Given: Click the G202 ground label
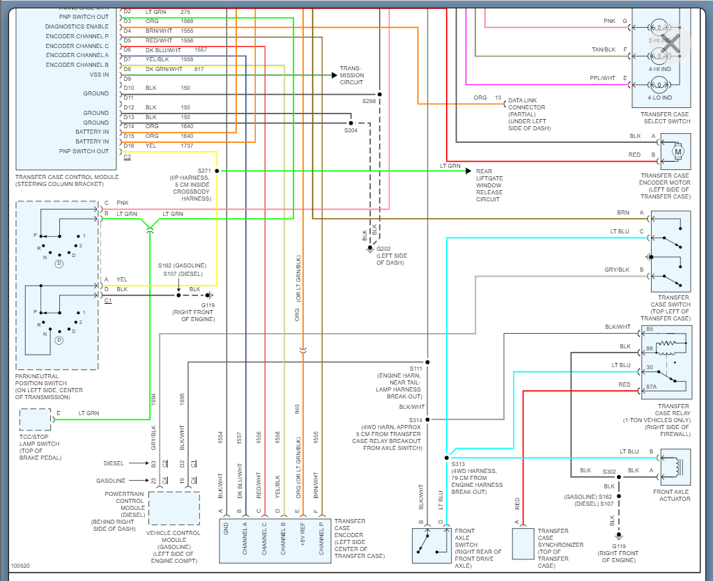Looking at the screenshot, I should tap(384, 249).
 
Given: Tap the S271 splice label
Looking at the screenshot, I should tap(204, 171).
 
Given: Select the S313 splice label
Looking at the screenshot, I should tap(458, 464).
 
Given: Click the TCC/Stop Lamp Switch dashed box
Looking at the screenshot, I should tap(35, 419).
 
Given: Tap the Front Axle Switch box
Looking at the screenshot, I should tap(430, 544).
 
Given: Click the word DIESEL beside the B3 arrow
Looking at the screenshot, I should tap(114, 463).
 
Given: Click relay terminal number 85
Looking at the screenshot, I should tap(649, 330).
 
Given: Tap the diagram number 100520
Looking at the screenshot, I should tap(20, 566).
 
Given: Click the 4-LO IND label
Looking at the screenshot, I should tap(659, 98).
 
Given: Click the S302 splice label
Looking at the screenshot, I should tap(609, 472).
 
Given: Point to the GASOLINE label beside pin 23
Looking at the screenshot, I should tap(112, 481).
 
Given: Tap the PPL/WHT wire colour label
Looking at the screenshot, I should tap(602, 78).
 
